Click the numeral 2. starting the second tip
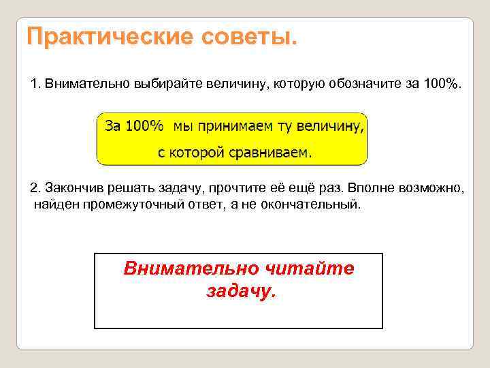point(36,188)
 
